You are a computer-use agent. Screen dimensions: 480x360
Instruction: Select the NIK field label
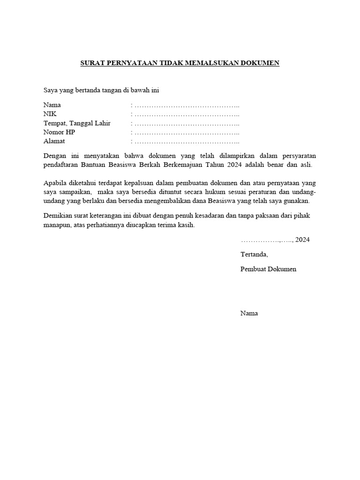coord(50,114)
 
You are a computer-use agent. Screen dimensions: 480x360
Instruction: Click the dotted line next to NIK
coord(187,114)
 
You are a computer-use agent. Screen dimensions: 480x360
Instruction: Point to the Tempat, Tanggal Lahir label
coord(77,123)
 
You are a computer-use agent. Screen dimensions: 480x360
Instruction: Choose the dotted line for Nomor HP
coord(187,132)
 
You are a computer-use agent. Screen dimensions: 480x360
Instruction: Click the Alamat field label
coord(54,141)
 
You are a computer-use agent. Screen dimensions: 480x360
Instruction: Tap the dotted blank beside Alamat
coord(187,142)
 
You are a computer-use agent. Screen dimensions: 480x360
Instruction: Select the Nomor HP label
coord(59,132)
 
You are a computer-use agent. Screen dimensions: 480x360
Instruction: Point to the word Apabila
coord(55,183)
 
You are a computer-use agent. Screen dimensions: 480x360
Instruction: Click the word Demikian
coord(59,216)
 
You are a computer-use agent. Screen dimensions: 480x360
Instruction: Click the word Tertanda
coord(254,255)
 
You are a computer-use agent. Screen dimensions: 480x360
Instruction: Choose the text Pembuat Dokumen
coord(268,269)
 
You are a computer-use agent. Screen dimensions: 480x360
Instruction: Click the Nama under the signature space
coord(249,313)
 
